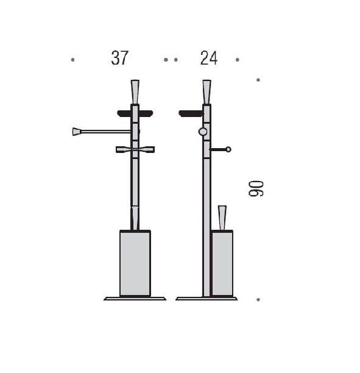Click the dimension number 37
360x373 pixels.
tap(119, 58)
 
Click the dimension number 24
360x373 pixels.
tap(209, 58)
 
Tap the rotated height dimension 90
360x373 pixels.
tap(256, 188)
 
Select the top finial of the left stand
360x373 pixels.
tap(135, 92)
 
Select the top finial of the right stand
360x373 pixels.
tap(206, 92)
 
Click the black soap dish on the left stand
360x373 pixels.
tap(135, 113)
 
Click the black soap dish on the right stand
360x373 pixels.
tap(191, 114)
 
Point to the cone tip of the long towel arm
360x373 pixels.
tap(76, 132)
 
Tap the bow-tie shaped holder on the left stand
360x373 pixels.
tap(135, 150)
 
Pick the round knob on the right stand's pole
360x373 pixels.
tap(203, 132)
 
